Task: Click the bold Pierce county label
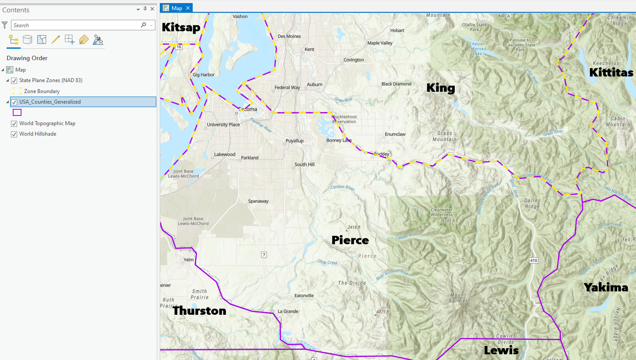350,240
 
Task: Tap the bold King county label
440,88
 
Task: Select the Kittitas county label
611,72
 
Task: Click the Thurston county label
199,311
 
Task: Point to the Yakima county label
606,288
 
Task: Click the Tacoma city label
248,109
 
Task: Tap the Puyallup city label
294,141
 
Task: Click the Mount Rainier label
458,298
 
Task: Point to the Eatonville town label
304,295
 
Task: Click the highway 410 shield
533,260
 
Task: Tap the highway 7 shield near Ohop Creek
264,255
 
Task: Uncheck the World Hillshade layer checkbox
14,134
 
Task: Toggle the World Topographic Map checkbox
14,123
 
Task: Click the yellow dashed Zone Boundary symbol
17,91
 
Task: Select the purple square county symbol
17,112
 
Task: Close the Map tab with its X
188,8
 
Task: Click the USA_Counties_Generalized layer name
50,102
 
